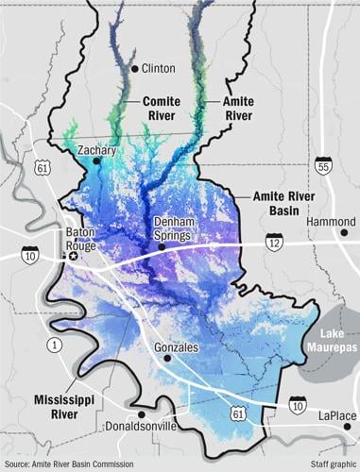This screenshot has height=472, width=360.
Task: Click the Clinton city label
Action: pyautogui.click(x=160, y=68)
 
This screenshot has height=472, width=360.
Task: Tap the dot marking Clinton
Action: pyautogui.click(x=135, y=68)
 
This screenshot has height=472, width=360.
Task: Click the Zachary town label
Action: pyautogui.click(x=96, y=150)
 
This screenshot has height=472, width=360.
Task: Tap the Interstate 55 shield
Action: pyautogui.click(x=324, y=166)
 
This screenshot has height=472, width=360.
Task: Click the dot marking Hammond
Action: pyautogui.click(x=344, y=231)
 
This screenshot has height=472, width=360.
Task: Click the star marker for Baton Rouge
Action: pyautogui.click(x=74, y=256)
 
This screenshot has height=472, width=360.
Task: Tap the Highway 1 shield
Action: pyautogui.click(x=55, y=346)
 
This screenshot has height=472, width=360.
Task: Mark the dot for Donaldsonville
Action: pyautogui.click(x=141, y=414)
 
